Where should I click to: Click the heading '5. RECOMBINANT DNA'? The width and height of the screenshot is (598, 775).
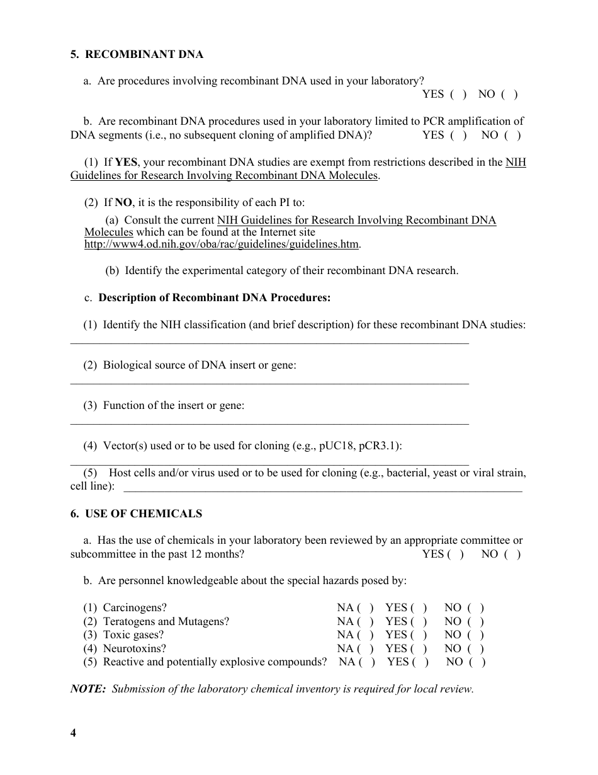137,54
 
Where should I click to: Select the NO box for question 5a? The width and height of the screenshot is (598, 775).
509,95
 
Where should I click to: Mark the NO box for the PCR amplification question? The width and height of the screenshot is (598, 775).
512,135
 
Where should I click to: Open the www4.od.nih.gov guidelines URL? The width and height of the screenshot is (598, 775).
222,244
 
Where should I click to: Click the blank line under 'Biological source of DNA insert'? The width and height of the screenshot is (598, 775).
269,382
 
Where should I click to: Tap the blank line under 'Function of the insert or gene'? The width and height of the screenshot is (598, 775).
269,422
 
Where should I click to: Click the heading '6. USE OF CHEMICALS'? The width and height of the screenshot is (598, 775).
136,514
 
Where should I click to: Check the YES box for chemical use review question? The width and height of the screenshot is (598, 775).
456,554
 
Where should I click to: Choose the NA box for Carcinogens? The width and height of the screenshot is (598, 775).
366,608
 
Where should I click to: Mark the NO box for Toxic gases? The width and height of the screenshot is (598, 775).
475,635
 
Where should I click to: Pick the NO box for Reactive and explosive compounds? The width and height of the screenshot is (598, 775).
477,662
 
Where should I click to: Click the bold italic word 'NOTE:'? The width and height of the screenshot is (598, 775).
88,689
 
